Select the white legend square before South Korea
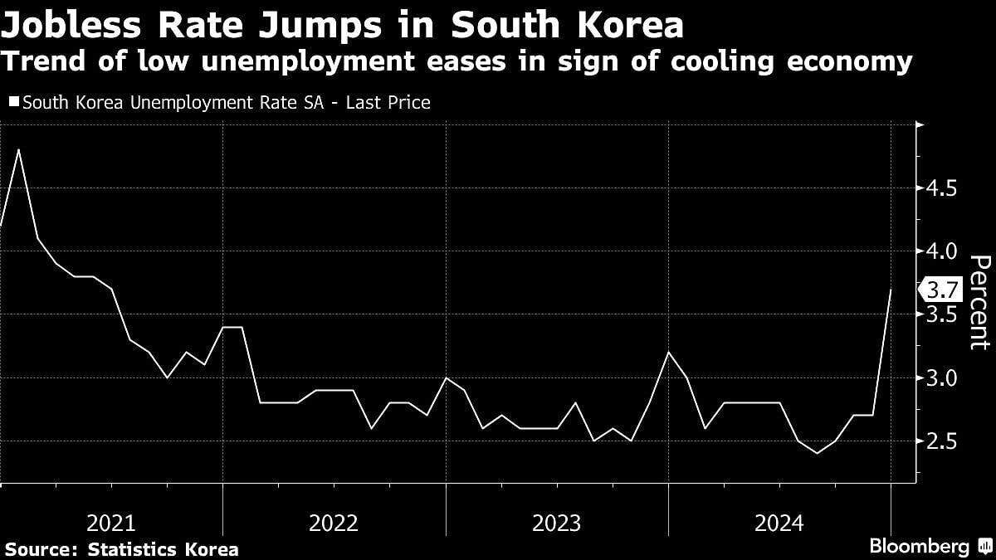(13, 103)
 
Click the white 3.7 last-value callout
(942, 290)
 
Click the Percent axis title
(979, 303)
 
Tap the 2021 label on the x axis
(111, 523)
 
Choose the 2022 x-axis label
(334, 523)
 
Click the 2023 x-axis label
(556, 523)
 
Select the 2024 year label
(779, 523)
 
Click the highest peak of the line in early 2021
(19, 150)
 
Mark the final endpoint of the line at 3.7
(891, 290)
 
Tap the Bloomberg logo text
(919, 547)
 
